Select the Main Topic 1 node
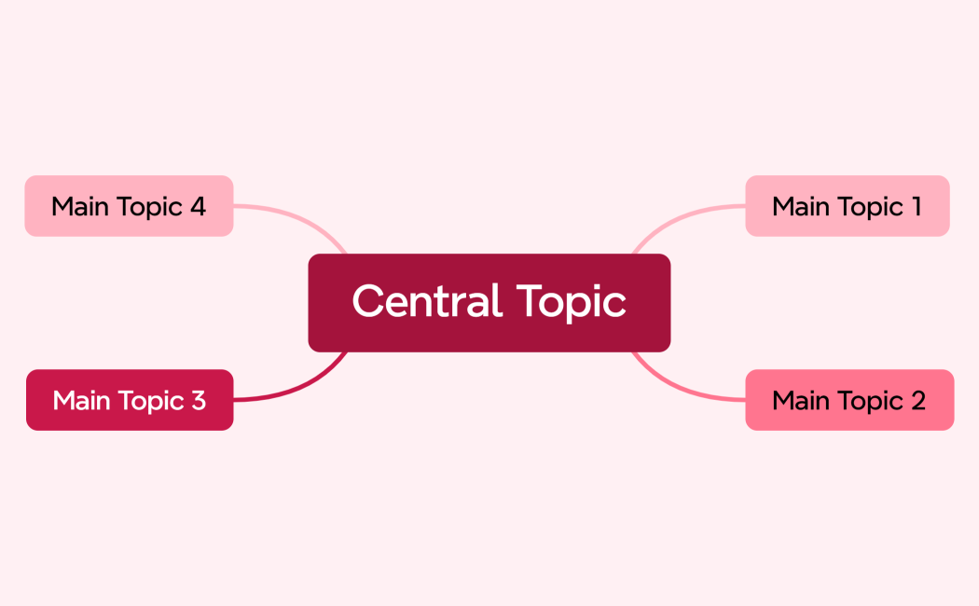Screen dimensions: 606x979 point(847,206)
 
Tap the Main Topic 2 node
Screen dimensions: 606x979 point(849,400)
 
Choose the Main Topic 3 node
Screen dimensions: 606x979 point(130,400)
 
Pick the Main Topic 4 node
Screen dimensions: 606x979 point(129,206)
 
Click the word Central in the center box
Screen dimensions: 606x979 point(426,301)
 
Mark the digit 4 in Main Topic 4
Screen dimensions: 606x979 point(197,206)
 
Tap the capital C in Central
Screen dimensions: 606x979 point(368,301)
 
